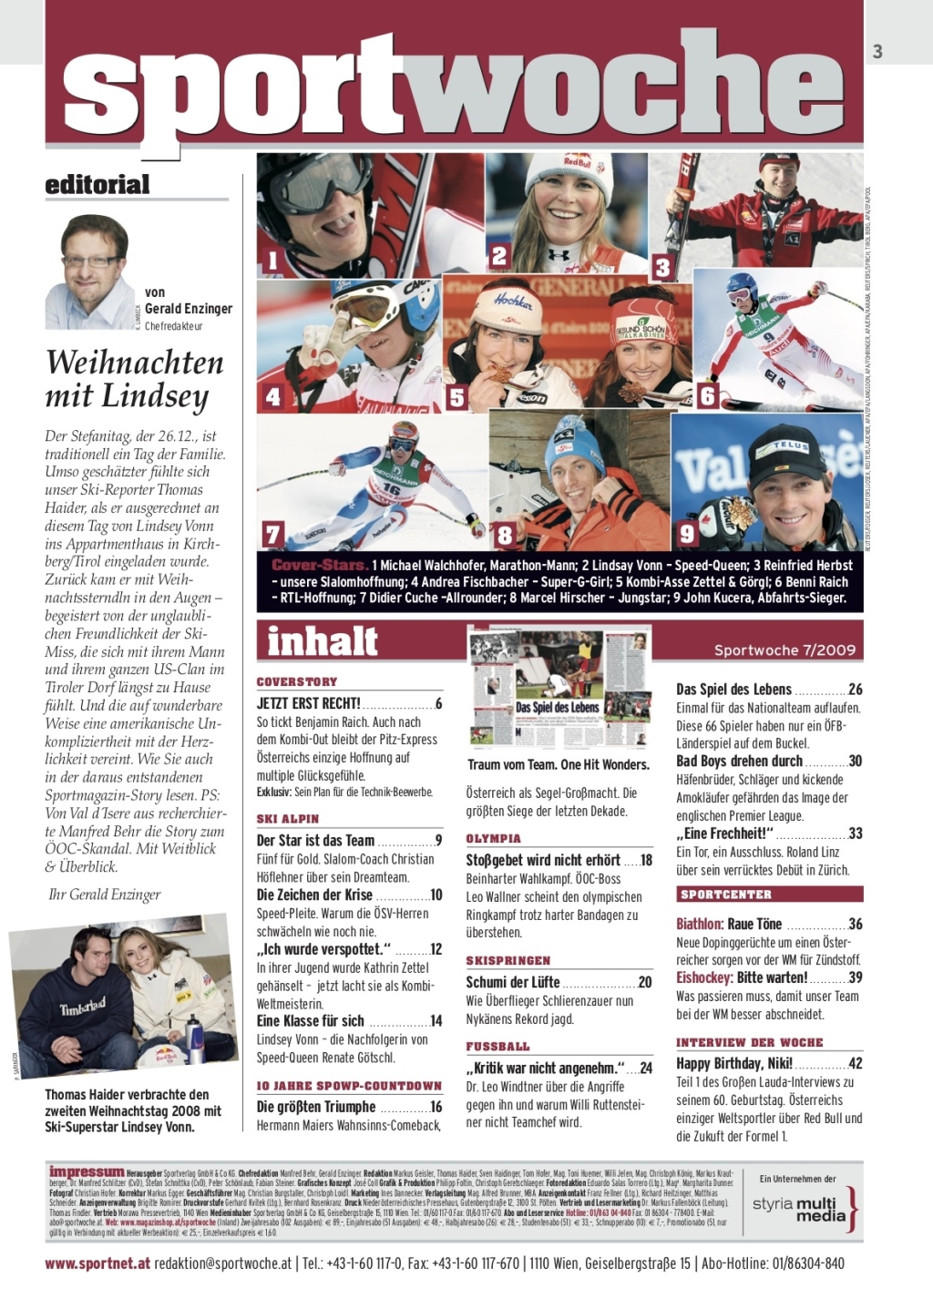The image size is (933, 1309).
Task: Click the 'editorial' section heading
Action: click(97, 184)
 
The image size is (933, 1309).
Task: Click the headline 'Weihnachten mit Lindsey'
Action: click(134, 379)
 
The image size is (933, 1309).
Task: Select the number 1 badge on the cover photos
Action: click(272, 261)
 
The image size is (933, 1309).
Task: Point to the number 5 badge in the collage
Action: click(456, 397)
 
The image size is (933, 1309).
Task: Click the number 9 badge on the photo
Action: click(688, 533)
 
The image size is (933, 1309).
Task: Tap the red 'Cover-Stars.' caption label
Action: click(319, 565)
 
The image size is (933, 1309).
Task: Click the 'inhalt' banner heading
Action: click(323, 640)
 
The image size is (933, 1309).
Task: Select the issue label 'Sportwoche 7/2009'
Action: click(784, 649)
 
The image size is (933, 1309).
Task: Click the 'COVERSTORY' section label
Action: click(297, 681)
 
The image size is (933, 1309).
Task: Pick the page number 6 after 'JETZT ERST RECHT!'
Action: click(438, 703)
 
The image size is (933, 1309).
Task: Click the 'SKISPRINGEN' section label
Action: click(508, 960)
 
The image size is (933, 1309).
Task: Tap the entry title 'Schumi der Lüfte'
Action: click(512, 982)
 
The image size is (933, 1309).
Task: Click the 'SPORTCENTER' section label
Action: click(726, 895)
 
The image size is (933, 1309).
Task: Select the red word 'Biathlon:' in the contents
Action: click(700, 924)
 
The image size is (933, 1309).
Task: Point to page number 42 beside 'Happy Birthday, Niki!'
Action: click(855, 1063)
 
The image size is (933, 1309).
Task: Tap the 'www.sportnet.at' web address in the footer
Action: click(97, 1263)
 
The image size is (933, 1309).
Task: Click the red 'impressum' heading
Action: click(87, 1171)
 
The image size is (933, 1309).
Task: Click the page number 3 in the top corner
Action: click(877, 52)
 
